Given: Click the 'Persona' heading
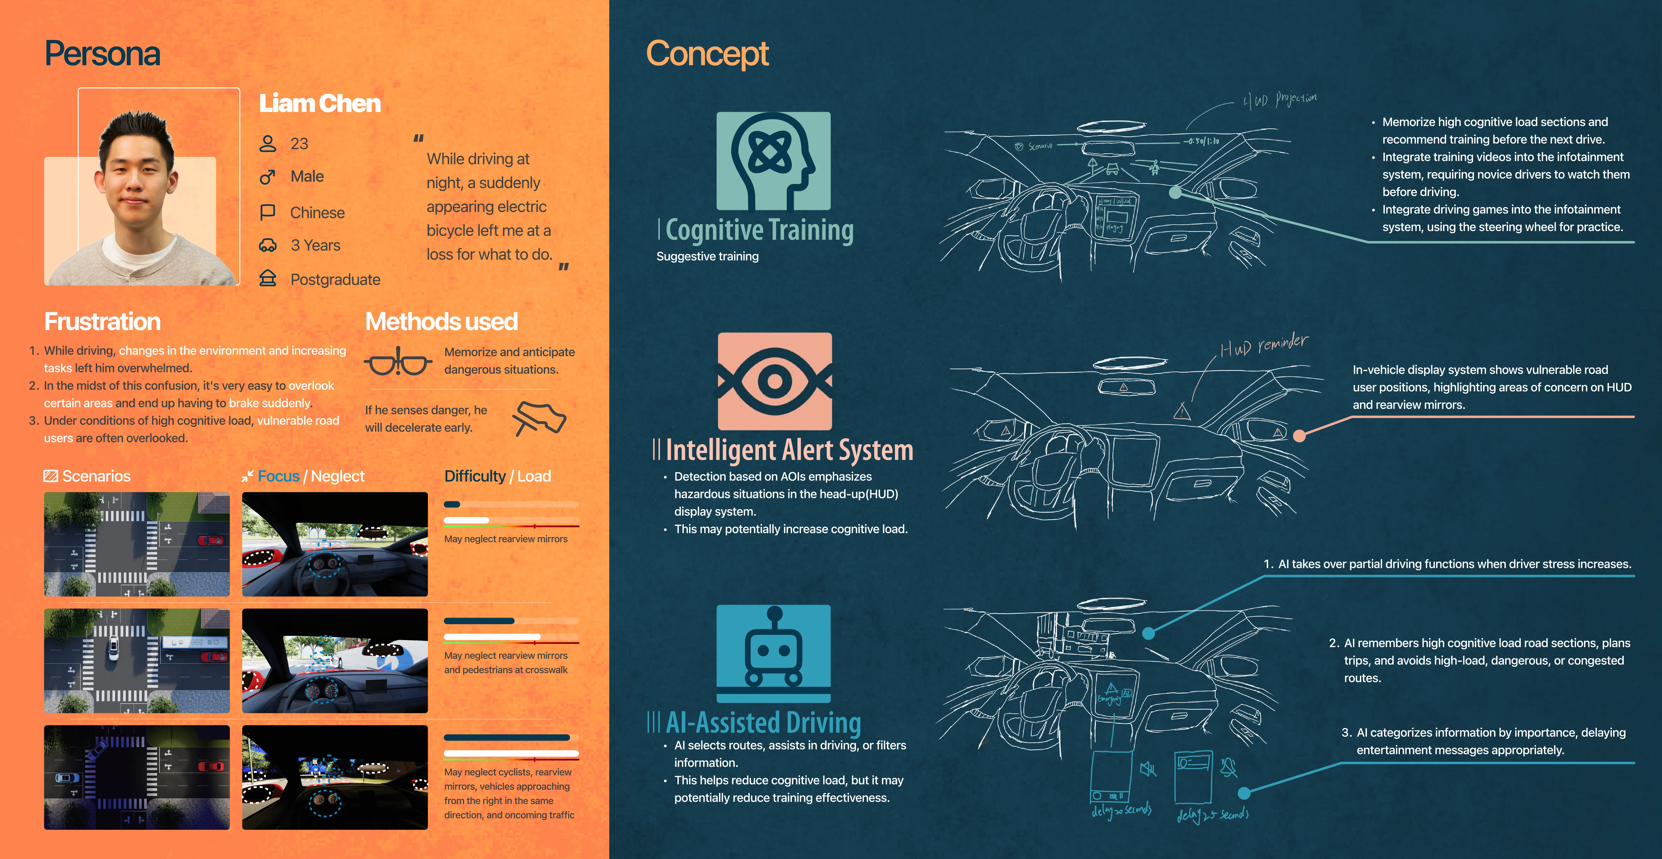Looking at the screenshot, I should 102,54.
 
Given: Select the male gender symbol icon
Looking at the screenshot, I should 267,176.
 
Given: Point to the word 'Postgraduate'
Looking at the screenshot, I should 335,279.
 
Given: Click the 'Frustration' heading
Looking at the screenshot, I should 102,321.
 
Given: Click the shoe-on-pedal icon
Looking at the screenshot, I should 539,418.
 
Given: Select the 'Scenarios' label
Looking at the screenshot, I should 96,476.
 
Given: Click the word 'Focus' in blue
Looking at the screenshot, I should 278,476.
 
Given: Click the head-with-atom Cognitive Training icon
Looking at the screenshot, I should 773,161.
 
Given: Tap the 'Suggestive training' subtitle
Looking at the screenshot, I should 707,256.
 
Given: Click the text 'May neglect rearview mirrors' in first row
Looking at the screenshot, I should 505,539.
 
